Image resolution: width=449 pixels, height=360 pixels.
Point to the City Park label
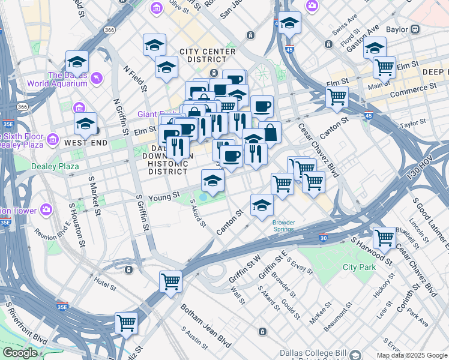360,266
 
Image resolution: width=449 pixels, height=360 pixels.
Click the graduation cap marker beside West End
86,124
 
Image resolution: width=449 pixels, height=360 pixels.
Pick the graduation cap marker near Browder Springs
261,205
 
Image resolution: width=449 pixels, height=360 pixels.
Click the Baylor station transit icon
414,29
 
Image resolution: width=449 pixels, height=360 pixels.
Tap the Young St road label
164,196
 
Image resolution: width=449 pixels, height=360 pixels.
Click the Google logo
20,353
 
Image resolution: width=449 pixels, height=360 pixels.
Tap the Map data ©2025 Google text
412,355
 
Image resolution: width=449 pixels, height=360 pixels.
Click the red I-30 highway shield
324,238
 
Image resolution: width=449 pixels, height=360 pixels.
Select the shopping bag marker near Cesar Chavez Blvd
270,133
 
